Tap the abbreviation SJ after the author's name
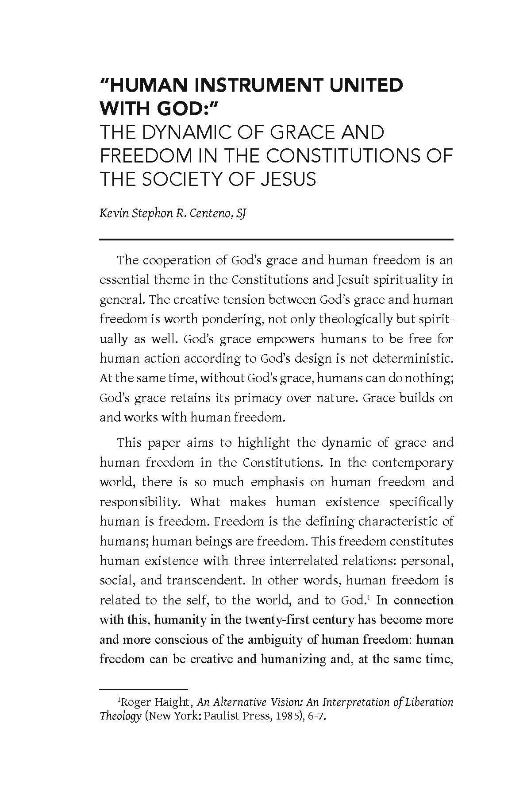pyautogui.click(x=240, y=214)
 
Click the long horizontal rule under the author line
pyautogui.click(x=277, y=240)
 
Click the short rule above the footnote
pyautogui.click(x=144, y=689)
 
